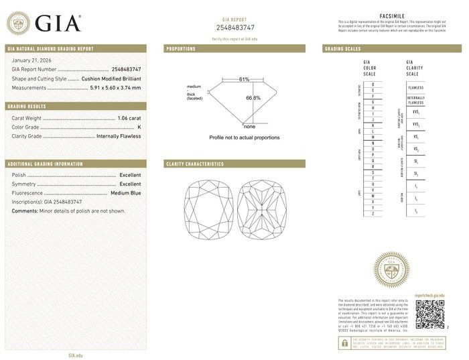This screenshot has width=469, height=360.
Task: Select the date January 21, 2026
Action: pyautogui.click(x=29, y=60)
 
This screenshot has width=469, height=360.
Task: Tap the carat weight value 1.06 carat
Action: pyautogui.click(x=129, y=117)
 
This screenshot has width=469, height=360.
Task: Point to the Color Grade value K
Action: pyautogui.click(x=139, y=126)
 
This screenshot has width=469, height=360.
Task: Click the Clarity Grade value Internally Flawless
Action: pyautogui.click(x=119, y=135)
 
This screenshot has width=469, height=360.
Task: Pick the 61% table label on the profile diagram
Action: pyautogui.click(x=244, y=79)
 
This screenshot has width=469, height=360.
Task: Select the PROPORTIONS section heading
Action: pyautogui.click(x=181, y=49)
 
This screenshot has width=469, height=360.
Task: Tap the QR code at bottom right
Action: pyautogui.click(x=429, y=314)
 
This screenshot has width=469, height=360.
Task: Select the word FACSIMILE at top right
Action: pyautogui.click(x=389, y=16)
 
